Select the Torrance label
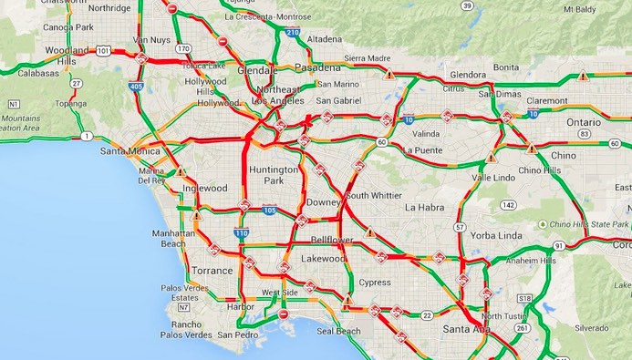[x=213, y=271]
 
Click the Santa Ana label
[x=465, y=328]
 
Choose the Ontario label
[x=584, y=122]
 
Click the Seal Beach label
[x=338, y=332]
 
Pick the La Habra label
[x=423, y=208]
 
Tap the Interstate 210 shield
[x=292, y=33]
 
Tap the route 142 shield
[x=508, y=205]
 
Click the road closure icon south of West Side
[x=284, y=314]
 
